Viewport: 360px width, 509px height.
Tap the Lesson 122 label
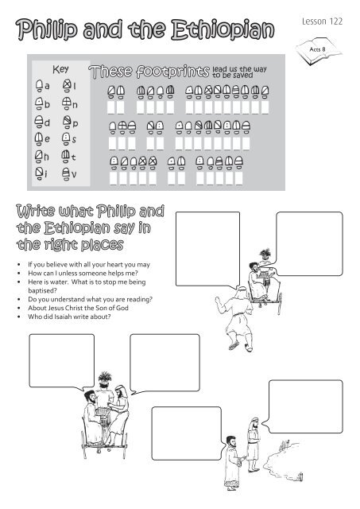pyautogui.click(x=326, y=22)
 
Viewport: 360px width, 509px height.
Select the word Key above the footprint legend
pyautogui.click(x=61, y=69)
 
